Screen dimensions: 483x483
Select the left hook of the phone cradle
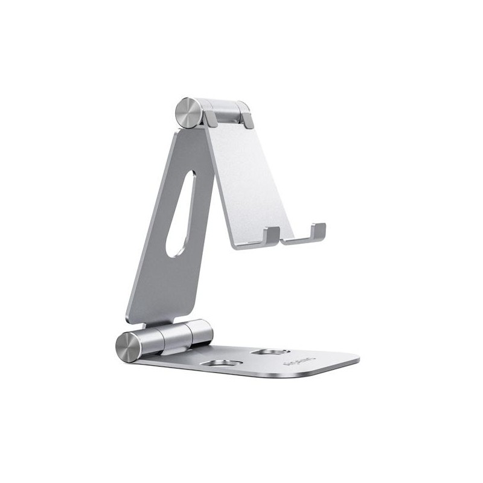tap(272, 235)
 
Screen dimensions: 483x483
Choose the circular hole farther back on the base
tap(272, 351)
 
